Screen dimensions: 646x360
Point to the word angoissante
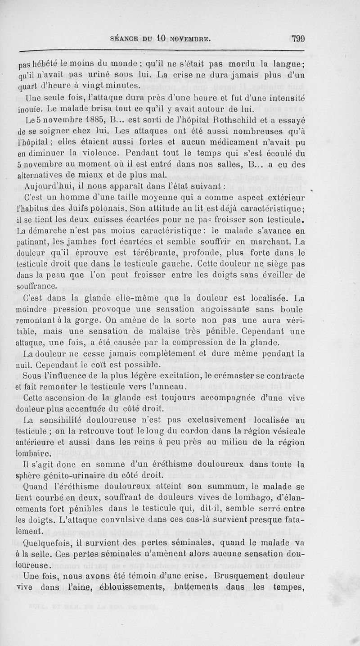coord(229,309)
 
